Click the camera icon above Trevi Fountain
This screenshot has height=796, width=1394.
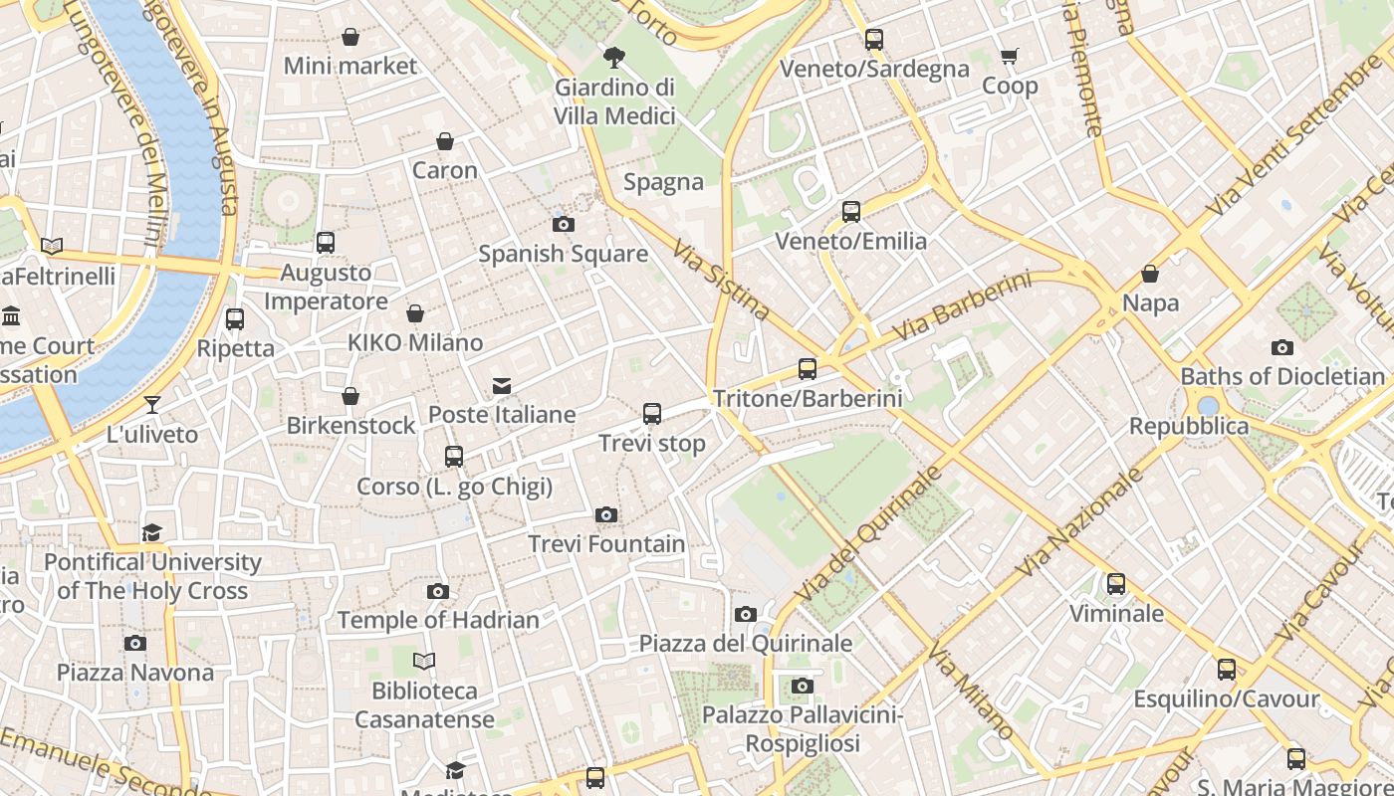pos(605,514)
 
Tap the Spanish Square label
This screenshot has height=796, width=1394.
pos(563,254)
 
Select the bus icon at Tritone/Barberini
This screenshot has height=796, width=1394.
pos(808,369)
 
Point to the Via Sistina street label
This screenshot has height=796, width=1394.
pos(721,280)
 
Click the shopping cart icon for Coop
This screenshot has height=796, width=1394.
pos(1010,57)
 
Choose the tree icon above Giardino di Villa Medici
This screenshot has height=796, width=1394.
pos(614,57)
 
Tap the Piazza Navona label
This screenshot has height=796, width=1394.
pos(134,673)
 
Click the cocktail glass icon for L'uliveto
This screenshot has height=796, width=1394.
pos(151,404)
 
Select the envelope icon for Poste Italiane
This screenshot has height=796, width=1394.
pos(502,385)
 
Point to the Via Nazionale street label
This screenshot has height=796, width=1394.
pos(1079,521)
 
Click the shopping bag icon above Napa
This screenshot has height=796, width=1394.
pos(1150,274)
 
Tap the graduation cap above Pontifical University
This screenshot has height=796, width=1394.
pos(151,532)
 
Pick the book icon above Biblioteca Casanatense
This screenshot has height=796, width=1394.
pos(424,661)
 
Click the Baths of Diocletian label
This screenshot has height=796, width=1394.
pos(1282,377)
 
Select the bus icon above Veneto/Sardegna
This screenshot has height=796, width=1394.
pos(874,40)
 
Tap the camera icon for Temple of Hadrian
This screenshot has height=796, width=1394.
pos(437,591)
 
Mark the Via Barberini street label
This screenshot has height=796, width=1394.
pos(961,305)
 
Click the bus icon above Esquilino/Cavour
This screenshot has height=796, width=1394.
pos(1227,670)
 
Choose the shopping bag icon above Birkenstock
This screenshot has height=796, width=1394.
pos(350,396)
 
